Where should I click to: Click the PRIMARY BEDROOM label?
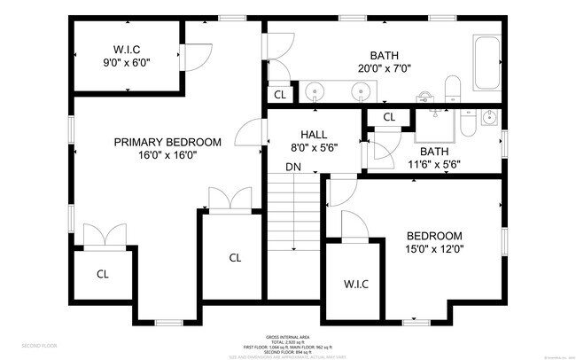(x=167, y=142)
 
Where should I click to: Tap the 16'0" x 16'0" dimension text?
(x=167, y=154)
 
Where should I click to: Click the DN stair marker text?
(x=292, y=167)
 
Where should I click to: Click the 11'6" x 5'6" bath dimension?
(x=434, y=165)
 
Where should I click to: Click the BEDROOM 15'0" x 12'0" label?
(x=434, y=236)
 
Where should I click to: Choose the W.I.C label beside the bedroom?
(x=356, y=284)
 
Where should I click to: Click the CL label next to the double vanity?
(x=279, y=94)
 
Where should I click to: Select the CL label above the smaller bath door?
(x=389, y=117)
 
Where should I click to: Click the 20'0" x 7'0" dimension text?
(x=385, y=67)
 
